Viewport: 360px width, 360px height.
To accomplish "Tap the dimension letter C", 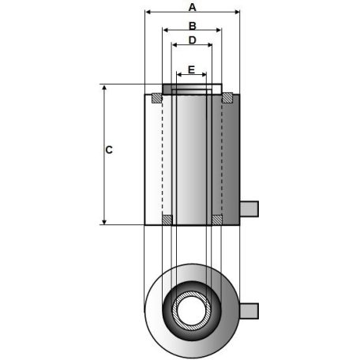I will (109, 149).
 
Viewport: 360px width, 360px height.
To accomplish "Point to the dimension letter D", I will (191, 39).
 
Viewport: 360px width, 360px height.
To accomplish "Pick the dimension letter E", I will (191, 69).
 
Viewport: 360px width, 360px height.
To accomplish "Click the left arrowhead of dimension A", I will (147, 13).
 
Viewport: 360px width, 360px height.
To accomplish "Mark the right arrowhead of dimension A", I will (236, 13).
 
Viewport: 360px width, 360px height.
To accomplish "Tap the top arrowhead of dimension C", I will (104, 88).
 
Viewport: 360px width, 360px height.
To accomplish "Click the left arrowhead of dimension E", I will (178, 77).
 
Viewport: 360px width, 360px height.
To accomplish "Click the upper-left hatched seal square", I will (157, 98).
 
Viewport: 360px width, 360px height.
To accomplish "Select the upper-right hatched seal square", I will (227, 98).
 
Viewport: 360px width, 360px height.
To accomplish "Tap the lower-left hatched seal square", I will (167, 219).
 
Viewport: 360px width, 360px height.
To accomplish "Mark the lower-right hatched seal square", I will (217, 219).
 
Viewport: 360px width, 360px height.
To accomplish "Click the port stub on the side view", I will (249, 208).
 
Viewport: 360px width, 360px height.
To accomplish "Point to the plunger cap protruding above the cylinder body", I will (186, 90).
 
